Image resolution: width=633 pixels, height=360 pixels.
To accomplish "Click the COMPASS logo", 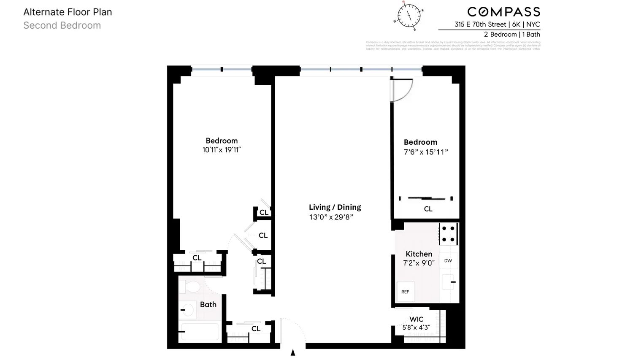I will tap(503, 12).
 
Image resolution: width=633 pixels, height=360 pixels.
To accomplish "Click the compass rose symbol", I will tap(409, 16).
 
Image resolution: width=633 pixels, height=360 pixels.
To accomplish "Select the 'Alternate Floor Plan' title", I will tap(68, 12).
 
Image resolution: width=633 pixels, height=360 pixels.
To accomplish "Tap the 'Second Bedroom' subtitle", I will tap(62, 25).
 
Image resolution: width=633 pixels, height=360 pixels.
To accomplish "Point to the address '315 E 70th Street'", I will tap(480, 24).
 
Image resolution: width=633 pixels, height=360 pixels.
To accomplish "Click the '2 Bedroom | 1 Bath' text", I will tap(512, 35).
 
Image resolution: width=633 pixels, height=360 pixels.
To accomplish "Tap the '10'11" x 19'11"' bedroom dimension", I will tap(222, 150).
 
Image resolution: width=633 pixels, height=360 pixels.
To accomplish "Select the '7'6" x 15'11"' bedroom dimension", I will tap(425, 152).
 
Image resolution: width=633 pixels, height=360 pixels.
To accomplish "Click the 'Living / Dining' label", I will tap(335, 207).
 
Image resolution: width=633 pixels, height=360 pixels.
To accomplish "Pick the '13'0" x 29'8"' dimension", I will tap(331, 217).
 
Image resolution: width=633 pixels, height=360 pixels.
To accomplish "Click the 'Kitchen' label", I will tap(419, 254).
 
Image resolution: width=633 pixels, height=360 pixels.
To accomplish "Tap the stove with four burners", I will tap(448, 234).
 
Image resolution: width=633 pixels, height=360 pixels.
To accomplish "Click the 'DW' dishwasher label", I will tap(448, 261).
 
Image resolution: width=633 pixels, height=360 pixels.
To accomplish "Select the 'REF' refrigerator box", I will tap(405, 292).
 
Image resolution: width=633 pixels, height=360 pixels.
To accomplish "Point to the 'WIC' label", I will tap(416, 319).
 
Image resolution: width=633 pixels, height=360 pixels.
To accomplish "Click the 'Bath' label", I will tap(208, 304).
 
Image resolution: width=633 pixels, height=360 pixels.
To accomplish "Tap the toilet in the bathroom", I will tap(189, 287).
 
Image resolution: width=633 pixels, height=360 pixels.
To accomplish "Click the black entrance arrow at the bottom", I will tap(293, 352).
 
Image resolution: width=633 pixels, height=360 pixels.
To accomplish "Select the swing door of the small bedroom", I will tap(401, 90).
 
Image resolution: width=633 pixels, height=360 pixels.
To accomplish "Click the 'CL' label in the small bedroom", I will tap(428, 209).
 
